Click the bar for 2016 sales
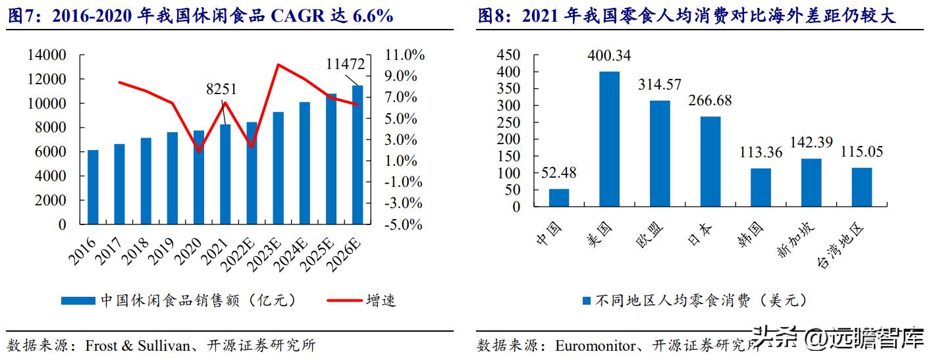point(93,187)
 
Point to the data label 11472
point(345,64)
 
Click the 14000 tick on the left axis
point(47,55)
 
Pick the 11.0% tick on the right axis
point(401,55)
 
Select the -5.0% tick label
point(401,224)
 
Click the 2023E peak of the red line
point(278,64)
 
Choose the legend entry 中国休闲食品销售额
point(198,301)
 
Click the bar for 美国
point(609,139)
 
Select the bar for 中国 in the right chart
point(559,197)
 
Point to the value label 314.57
point(659,85)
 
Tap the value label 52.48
point(559,173)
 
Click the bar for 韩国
point(761,188)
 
